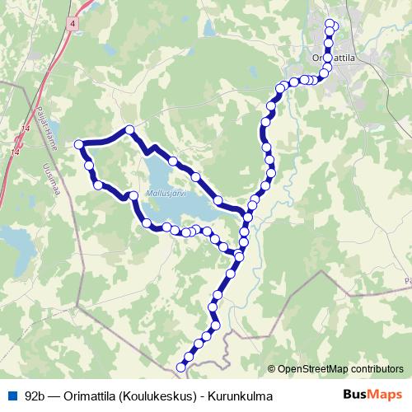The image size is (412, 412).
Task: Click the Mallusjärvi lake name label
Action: point(163,194)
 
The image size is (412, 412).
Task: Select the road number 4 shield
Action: point(74,25)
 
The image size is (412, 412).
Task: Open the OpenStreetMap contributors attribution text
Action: point(340,369)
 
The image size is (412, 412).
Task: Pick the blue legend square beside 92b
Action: point(12,396)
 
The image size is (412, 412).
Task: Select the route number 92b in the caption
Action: point(35,396)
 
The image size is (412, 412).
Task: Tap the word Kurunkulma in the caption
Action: point(244,396)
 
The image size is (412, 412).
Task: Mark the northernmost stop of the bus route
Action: point(331,24)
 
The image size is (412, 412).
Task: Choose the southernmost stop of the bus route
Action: point(181,367)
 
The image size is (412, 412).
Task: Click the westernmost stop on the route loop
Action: point(80,145)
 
